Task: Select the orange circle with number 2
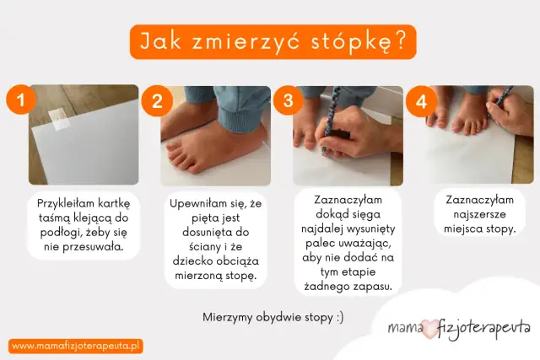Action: [x=156, y=102]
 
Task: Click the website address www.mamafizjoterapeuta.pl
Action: [x=77, y=346]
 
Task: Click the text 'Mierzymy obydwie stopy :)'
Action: [x=273, y=318]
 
